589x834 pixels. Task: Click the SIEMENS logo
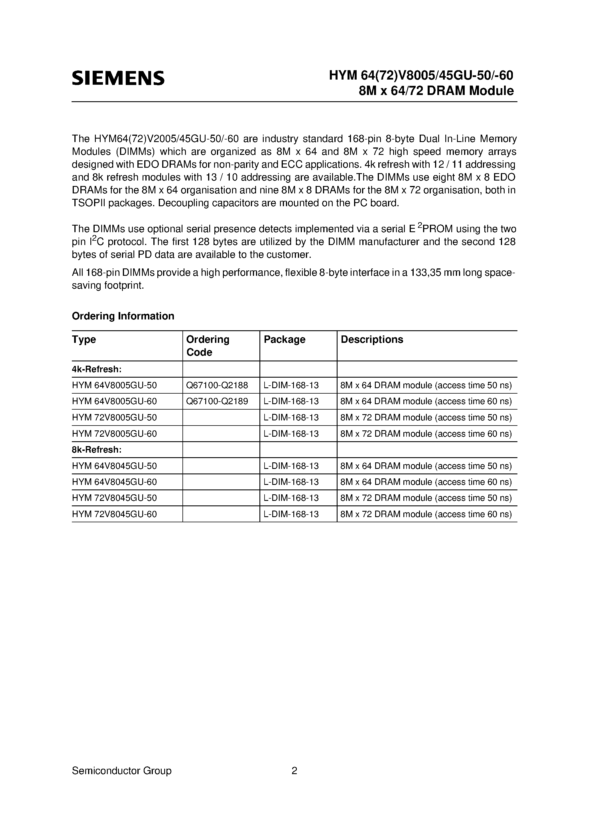(x=118, y=78)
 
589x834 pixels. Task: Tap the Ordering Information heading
(x=123, y=316)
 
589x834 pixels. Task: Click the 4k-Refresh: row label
(x=97, y=369)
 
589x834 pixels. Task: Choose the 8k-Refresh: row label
(x=97, y=450)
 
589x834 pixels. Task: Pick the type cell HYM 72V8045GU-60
(x=114, y=514)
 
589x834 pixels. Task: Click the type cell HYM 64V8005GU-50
(x=114, y=385)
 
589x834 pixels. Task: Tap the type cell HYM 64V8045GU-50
(x=114, y=466)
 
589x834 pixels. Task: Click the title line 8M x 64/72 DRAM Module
(x=436, y=90)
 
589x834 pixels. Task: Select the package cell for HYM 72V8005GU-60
(x=291, y=434)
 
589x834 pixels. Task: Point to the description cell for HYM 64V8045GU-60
(x=426, y=482)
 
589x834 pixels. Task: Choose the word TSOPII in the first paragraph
(x=89, y=203)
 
